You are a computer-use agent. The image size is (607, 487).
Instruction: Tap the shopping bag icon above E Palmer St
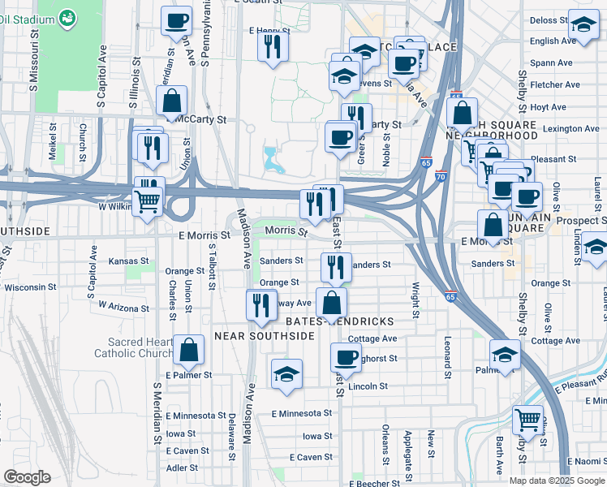(x=188, y=351)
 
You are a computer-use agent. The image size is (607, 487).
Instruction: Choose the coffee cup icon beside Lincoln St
(x=347, y=357)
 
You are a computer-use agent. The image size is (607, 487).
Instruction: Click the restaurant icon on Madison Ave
(x=260, y=304)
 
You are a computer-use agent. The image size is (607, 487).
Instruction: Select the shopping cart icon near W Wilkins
(x=147, y=201)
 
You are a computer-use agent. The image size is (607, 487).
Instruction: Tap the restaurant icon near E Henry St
(x=273, y=45)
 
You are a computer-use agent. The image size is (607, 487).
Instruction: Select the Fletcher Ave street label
(x=554, y=84)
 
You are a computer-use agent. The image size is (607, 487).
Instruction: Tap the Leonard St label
(x=447, y=356)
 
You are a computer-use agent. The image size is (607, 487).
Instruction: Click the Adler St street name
(x=182, y=468)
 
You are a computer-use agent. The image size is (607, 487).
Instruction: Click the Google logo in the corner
(x=27, y=477)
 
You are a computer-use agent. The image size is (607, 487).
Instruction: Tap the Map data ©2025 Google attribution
(x=557, y=481)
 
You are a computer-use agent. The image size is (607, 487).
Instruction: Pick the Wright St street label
(x=415, y=299)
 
